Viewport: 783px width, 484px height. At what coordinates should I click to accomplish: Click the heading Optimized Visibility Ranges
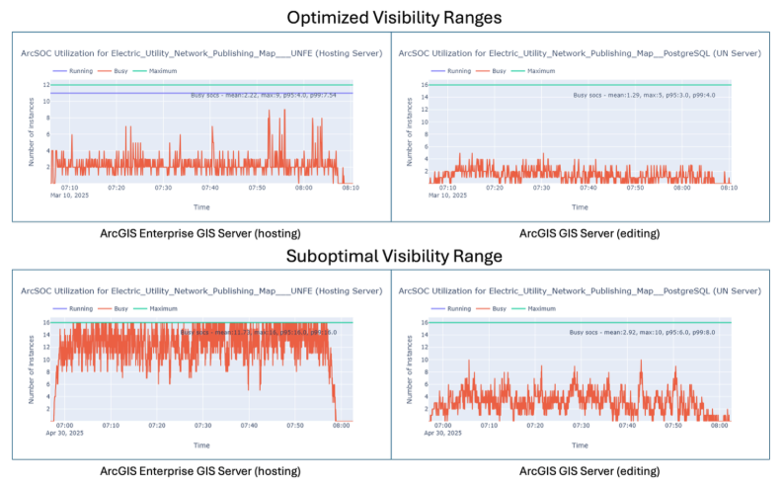391,17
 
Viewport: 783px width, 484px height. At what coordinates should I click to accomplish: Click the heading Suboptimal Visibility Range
391,256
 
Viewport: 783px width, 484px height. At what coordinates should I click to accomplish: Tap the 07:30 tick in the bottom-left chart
202,425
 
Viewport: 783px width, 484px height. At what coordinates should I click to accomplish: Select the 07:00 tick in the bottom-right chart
440,425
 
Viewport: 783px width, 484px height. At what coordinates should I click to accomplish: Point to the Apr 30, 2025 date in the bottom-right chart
446,433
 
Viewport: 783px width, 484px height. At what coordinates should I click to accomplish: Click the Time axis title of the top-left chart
200,206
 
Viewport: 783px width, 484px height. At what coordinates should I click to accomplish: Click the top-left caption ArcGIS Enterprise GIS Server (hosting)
200,233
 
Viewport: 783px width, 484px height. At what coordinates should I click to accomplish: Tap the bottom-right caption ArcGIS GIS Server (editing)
589,470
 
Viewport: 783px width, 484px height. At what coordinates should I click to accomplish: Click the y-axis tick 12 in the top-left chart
46,85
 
